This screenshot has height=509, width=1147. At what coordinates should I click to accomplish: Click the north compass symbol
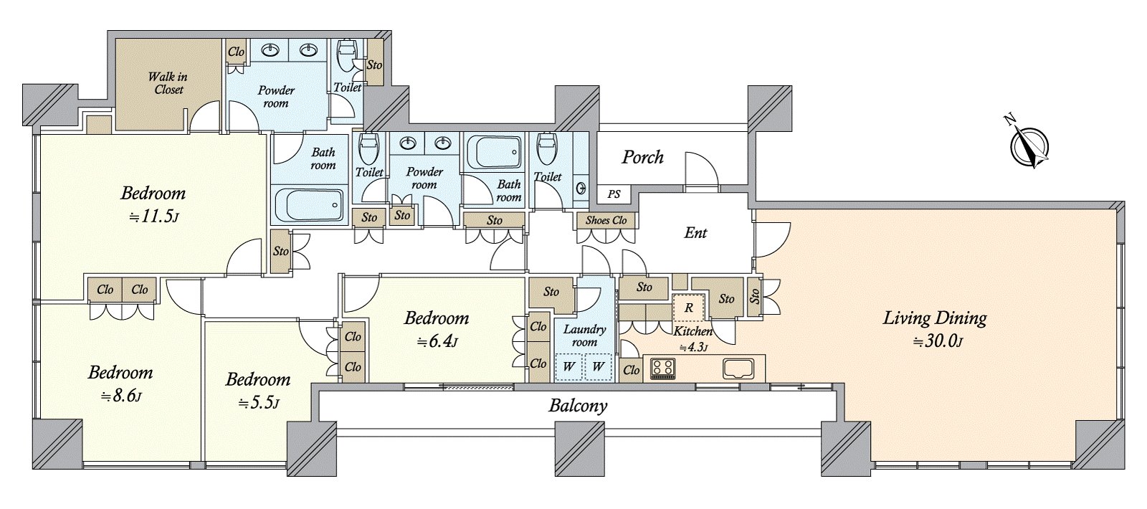tap(1030, 146)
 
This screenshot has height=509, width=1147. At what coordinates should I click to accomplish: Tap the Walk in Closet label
tap(168, 83)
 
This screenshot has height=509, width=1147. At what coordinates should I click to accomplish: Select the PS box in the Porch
tap(614, 194)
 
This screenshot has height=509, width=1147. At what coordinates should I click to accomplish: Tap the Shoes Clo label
tap(606, 220)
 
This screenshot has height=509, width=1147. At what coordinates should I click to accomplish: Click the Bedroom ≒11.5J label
tap(153, 204)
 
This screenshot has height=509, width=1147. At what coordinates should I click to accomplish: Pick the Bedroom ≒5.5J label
tap(258, 390)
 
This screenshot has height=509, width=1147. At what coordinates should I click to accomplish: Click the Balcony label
tap(578, 406)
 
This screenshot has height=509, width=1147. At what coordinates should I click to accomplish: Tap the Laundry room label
tap(584, 336)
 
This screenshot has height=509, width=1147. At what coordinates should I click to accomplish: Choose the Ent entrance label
tap(695, 233)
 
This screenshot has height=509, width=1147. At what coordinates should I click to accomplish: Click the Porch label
tap(642, 157)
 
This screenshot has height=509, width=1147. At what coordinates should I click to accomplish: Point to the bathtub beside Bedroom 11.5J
tap(308, 206)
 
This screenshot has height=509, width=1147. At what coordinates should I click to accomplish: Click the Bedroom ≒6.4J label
tap(437, 328)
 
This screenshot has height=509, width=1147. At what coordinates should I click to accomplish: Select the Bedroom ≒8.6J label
tap(120, 383)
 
